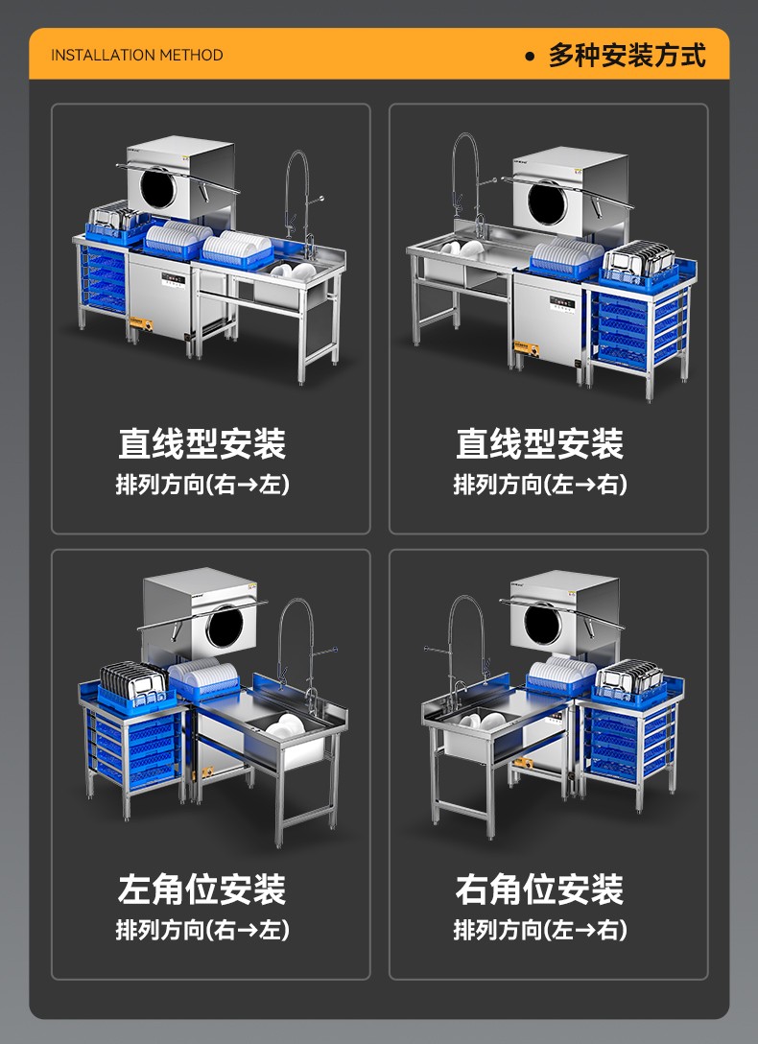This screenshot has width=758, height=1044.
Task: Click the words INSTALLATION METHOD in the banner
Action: (x=137, y=55)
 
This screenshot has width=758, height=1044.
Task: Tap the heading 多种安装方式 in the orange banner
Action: (x=627, y=55)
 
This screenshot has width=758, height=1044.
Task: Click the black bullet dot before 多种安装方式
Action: (x=530, y=57)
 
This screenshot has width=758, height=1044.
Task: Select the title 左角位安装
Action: (x=202, y=889)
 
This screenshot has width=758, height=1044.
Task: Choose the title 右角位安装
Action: (x=540, y=889)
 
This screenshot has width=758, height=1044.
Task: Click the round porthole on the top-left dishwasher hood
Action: (x=158, y=187)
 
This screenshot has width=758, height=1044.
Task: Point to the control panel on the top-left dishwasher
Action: (x=174, y=278)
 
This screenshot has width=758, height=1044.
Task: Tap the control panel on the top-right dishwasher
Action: (x=561, y=304)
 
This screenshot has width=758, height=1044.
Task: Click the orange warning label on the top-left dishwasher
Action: (x=141, y=323)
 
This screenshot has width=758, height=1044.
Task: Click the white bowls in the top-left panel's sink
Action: (x=293, y=270)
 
